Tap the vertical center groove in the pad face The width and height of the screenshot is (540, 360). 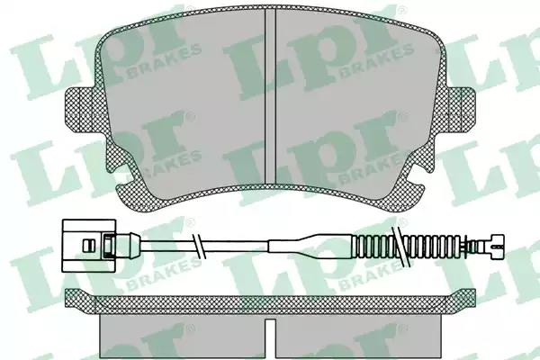point(270,95)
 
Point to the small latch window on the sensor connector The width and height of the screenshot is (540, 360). point(88,246)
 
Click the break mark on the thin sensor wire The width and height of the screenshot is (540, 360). point(199,246)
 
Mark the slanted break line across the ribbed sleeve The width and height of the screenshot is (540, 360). point(401,247)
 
